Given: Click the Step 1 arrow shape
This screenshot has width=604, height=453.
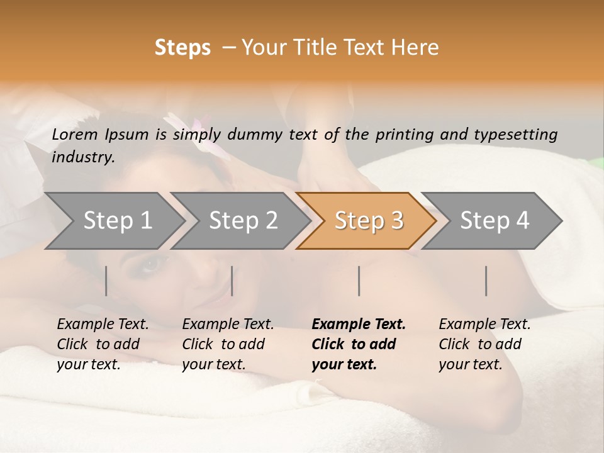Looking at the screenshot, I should [113, 221].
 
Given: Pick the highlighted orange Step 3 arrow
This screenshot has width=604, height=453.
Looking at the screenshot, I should [368, 221].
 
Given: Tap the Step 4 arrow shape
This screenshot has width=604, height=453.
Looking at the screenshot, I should [494, 221].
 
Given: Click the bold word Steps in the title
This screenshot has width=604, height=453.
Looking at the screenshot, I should [182, 48].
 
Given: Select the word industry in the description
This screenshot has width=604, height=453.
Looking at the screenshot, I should [83, 157].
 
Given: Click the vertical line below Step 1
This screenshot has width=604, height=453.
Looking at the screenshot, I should [106, 281].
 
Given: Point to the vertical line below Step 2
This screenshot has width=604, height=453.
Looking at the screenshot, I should [232, 281].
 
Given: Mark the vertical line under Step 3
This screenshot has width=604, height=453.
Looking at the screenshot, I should [359, 281].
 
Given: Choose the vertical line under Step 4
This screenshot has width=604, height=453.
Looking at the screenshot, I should [486, 281].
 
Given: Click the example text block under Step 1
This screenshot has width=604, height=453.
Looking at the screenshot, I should [103, 344].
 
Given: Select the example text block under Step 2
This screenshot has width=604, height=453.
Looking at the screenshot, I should [228, 344].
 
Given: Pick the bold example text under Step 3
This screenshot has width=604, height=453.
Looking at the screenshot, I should [359, 344].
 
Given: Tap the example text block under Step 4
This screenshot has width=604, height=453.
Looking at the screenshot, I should [484, 344].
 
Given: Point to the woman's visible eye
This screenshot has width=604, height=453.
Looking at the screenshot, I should [150, 264].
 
